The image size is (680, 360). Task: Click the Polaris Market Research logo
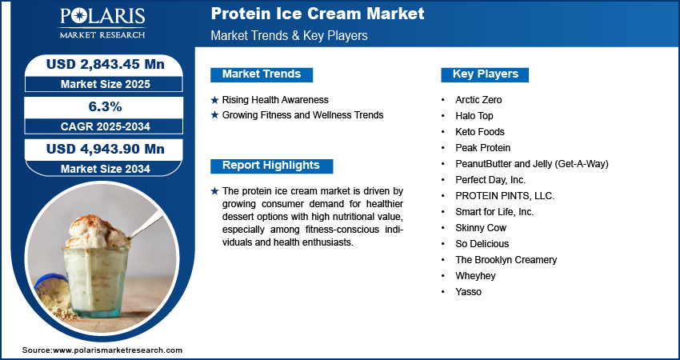tap(102, 22)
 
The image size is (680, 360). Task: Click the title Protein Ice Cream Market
tap(318, 14)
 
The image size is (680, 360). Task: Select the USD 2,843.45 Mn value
tap(106, 64)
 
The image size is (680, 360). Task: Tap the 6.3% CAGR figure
tap(106, 106)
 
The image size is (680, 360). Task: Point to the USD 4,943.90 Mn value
tap(106, 150)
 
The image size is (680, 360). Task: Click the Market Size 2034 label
tap(106, 169)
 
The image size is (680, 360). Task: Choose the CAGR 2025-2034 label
tap(106, 126)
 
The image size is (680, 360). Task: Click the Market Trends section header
tap(262, 74)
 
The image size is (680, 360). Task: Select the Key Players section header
tap(486, 74)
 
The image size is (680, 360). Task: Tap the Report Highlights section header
tap(271, 166)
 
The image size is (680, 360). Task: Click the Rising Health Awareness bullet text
tap(275, 100)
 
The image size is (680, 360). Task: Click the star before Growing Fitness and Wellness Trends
tap(214, 116)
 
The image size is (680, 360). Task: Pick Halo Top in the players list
tap(474, 116)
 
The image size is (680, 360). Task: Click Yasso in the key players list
tap(468, 291)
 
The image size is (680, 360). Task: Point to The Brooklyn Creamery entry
tap(506, 260)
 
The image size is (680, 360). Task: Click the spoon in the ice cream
tap(146, 226)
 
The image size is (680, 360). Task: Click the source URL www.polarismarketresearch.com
tap(118, 350)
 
